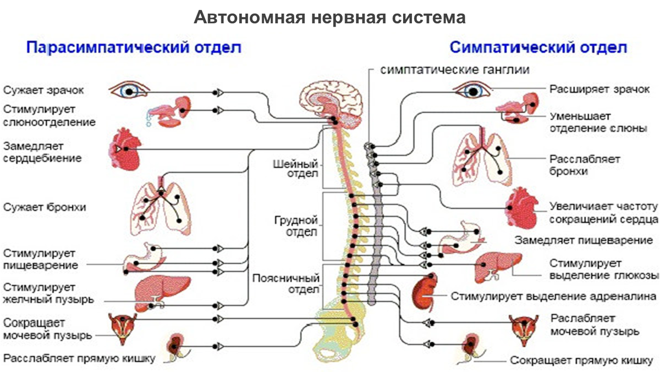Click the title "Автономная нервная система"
coord(329,18)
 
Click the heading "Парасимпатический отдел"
coord(134,47)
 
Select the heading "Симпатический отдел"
coord(538,47)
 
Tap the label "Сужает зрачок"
coord(44,89)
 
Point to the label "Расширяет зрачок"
coord(599,88)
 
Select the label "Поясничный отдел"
coord(286,283)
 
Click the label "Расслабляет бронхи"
coord(585,165)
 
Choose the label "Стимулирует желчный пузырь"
coord(48,294)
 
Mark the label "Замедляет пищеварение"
coord(584,240)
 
